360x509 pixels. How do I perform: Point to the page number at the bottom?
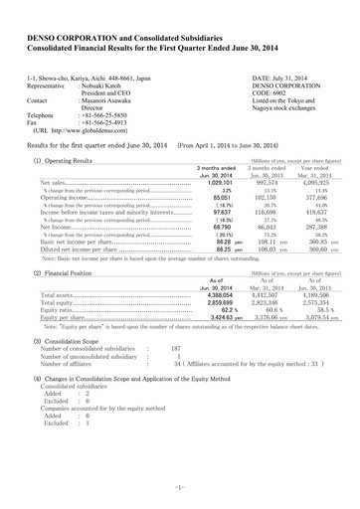[179, 485]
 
